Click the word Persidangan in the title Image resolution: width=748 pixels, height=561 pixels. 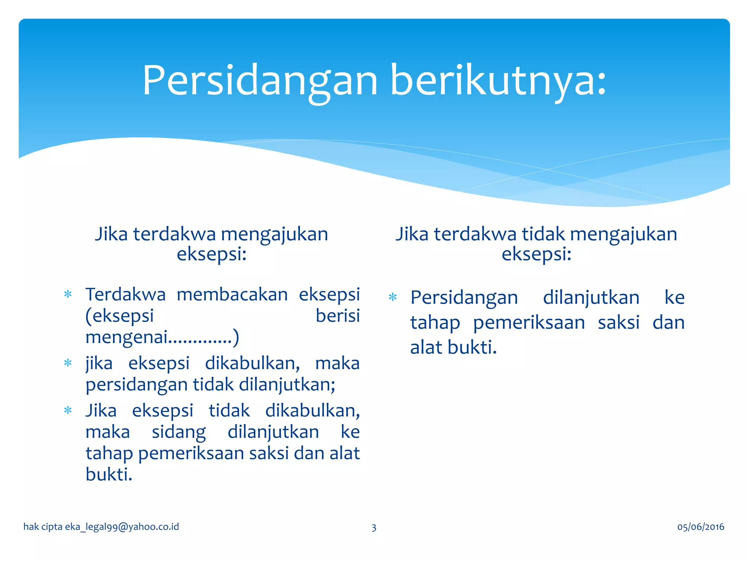[260, 81]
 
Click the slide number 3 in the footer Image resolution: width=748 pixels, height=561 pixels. [374, 527]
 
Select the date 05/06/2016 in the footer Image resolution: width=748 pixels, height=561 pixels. [701, 527]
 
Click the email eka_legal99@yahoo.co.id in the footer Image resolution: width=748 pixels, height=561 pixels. [122, 527]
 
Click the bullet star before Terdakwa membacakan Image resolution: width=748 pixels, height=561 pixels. [68, 294]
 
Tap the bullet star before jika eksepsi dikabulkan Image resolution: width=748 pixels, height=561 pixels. [68, 363]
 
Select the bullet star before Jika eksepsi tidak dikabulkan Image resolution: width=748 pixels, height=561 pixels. [68, 411]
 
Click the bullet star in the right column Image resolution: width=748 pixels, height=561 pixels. [393, 297]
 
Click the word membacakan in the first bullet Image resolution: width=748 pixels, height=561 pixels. [232, 294]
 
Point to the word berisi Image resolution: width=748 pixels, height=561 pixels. [337, 316]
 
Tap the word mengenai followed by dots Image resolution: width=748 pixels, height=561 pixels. [126, 337]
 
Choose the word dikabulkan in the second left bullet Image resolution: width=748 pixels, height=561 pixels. [252, 363]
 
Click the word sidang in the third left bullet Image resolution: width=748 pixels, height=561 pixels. [179, 432]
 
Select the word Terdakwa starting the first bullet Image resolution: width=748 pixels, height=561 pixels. [125, 294]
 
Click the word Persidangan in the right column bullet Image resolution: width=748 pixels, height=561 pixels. [464, 298]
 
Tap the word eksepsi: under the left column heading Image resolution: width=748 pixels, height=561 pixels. [211, 254]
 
